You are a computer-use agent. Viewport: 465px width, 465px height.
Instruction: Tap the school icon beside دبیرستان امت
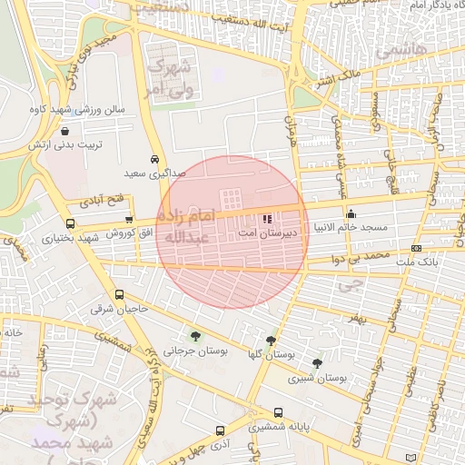pos(267,219)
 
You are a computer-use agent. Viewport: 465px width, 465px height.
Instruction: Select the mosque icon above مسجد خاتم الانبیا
pos(351,213)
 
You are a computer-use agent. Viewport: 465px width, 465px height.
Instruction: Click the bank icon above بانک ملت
pos(416,248)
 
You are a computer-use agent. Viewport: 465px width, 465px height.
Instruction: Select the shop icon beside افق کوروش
pos(130,219)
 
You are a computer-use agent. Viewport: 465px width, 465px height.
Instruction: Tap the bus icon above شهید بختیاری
pos(71,223)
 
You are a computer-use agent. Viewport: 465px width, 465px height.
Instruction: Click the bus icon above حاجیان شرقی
pos(119,294)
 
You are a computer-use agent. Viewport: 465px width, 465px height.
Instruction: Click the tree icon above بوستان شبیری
pos(316,362)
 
